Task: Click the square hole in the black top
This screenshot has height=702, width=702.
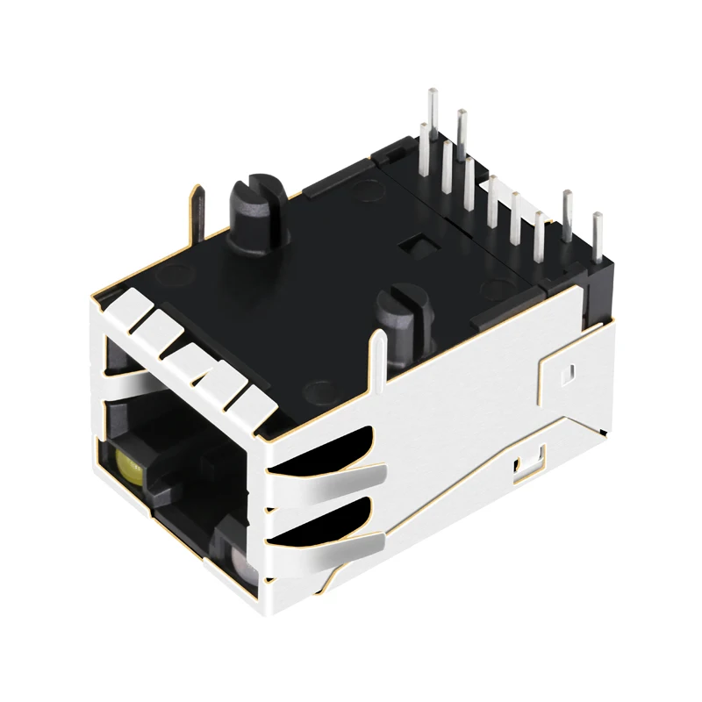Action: pos(412,247)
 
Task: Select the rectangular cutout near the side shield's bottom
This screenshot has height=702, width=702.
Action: pos(529,465)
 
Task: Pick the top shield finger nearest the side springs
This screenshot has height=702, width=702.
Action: pos(250,404)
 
